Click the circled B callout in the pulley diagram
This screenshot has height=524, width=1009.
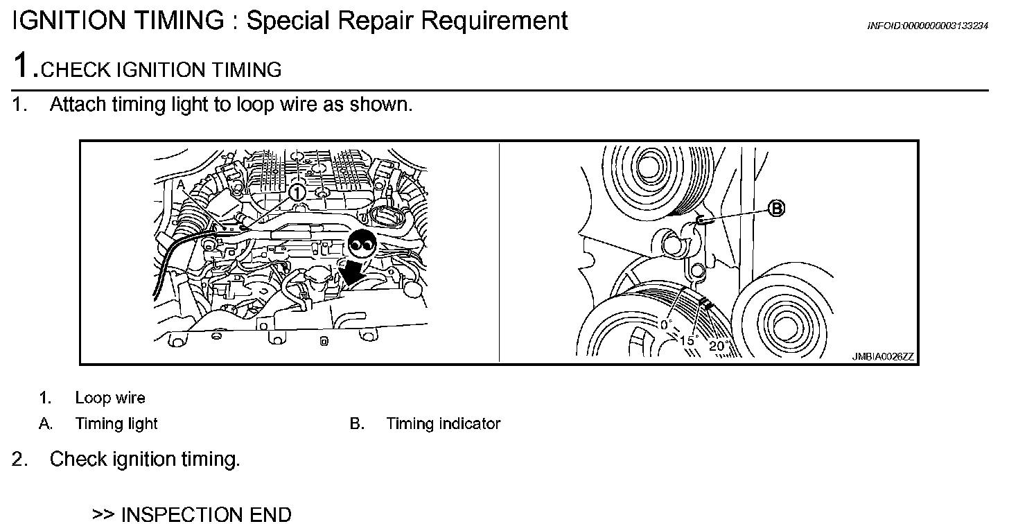[777, 208]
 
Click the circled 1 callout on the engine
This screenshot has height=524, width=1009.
[297, 191]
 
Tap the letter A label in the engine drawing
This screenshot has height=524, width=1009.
[180, 185]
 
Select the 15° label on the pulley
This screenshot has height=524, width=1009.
[687, 340]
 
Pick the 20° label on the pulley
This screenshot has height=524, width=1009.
[717, 346]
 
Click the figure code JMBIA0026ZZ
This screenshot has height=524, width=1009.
[883, 357]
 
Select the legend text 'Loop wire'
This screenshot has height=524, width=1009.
[110, 398]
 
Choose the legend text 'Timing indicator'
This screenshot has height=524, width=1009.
[443, 423]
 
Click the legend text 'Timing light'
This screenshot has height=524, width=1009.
[116, 423]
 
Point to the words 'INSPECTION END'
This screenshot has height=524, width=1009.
[206, 514]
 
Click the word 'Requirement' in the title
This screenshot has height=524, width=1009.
[494, 21]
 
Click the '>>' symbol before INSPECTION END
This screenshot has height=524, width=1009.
[103, 514]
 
